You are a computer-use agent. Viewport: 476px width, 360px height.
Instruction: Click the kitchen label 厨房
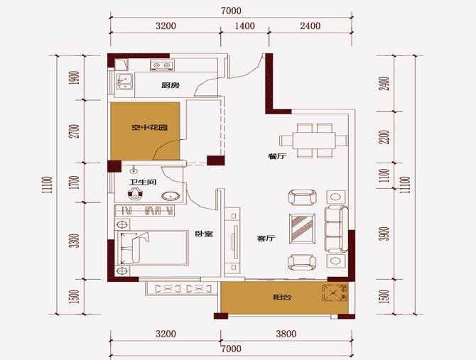tap(171, 85)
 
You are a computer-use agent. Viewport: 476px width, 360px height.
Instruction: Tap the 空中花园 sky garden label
tap(149, 127)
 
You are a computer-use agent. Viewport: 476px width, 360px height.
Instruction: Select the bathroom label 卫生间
tap(143, 182)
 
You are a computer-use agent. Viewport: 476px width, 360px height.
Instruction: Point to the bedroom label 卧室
tap(204, 234)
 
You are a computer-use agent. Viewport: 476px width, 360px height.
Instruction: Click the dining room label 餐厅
tap(277, 156)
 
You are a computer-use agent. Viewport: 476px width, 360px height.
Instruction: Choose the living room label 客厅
tap(266, 238)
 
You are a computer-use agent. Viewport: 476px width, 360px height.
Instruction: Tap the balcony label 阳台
tap(282, 297)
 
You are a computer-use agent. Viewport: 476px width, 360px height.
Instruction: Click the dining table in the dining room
tap(313, 141)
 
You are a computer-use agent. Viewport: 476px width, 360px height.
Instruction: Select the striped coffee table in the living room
tap(302, 229)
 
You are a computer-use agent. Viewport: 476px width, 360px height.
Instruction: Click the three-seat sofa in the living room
tap(336, 229)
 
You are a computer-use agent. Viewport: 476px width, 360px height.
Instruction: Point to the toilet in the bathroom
tap(135, 194)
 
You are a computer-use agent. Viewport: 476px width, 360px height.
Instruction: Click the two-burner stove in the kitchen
tap(162, 65)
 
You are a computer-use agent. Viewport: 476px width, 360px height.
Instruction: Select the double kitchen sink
tap(124, 82)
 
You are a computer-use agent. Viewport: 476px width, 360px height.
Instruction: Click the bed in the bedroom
tap(151, 248)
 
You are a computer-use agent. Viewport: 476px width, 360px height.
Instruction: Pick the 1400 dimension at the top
tap(245, 26)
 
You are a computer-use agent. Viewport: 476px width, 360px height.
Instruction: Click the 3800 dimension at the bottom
tap(286, 334)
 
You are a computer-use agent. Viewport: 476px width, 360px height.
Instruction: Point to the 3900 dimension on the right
tap(385, 234)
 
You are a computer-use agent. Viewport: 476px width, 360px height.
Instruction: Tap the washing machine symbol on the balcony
tap(335, 293)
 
